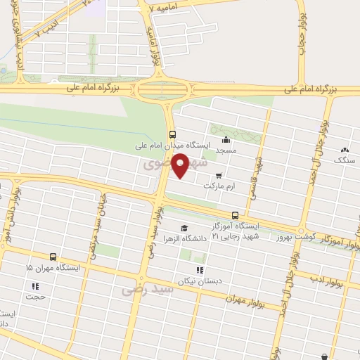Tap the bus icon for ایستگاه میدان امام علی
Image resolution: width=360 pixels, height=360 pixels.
[x=172, y=135]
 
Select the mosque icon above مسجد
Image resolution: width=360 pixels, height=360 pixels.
[x=225, y=139]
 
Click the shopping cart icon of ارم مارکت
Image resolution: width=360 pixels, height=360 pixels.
[x=218, y=175]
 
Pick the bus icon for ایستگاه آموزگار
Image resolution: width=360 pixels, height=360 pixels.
[x=235, y=215]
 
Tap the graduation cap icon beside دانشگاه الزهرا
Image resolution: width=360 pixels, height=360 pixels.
[x=184, y=228]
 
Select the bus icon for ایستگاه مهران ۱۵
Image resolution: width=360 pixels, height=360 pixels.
[x=53, y=257]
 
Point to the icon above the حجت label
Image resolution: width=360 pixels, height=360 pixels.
[x=34, y=285]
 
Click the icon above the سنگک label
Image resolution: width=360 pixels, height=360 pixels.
[x=345, y=149]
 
